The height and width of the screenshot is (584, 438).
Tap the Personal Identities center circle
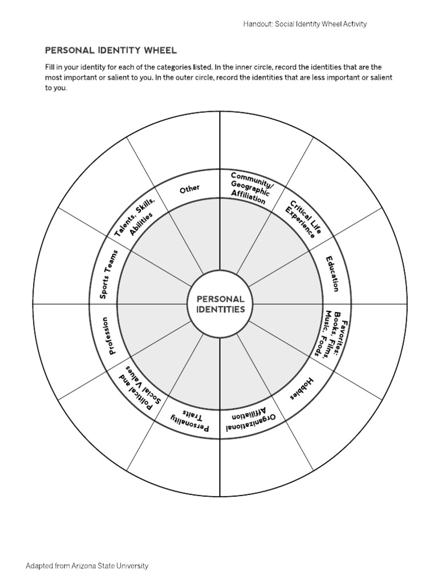click(x=220, y=304)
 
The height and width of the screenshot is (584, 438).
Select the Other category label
click(x=190, y=189)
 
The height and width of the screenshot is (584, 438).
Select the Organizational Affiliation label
click(x=250, y=421)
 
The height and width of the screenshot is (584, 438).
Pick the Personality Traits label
click(x=189, y=420)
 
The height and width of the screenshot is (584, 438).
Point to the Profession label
click(x=108, y=335)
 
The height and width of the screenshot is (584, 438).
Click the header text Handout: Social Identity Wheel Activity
click(x=305, y=24)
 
